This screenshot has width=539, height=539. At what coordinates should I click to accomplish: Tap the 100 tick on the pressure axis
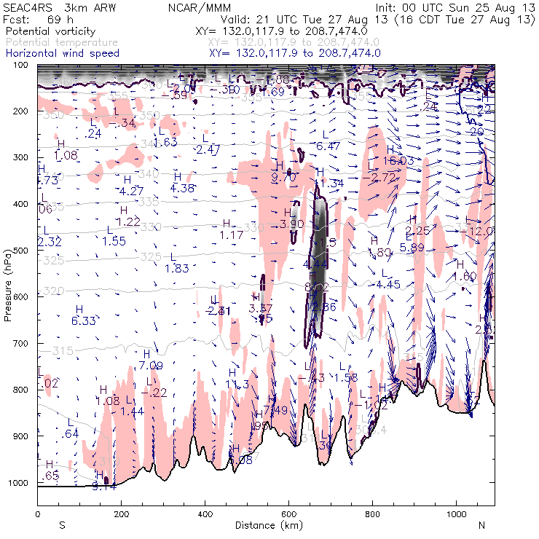(x=36, y=65)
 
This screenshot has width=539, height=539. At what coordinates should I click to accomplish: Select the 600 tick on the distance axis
(x=289, y=505)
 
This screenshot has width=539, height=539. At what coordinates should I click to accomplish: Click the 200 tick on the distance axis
(x=121, y=505)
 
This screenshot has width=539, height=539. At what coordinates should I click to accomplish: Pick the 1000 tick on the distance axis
(x=457, y=505)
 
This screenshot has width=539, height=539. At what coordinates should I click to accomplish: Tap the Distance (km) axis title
(x=265, y=525)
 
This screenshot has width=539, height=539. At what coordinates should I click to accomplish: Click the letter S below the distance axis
(x=62, y=525)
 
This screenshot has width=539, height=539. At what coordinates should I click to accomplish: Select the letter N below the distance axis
(x=481, y=525)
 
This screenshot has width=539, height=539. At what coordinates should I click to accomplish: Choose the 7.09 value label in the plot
(x=151, y=365)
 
